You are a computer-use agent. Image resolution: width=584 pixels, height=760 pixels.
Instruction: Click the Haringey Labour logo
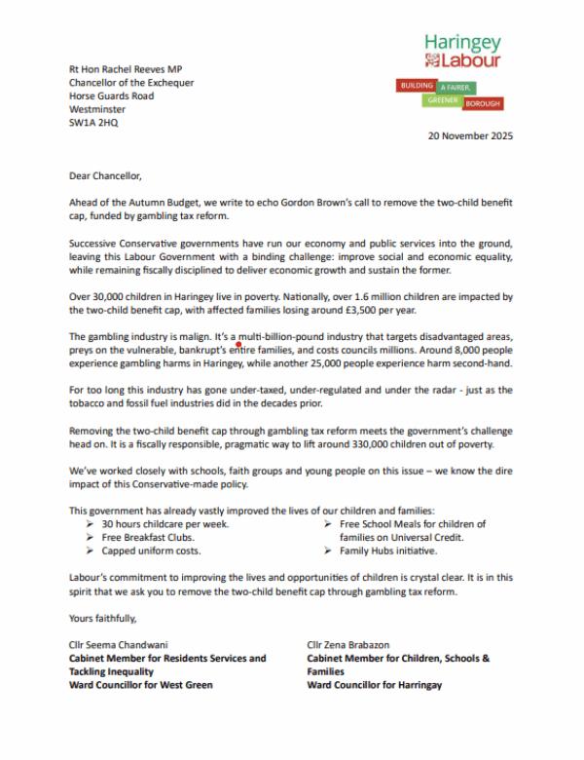pyautogui.click(x=462, y=52)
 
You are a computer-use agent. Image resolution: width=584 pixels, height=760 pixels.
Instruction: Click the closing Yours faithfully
pyautogui.click(x=103, y=618)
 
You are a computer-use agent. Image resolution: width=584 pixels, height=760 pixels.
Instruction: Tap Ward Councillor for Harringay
pyautogui.click(x=375, y=685)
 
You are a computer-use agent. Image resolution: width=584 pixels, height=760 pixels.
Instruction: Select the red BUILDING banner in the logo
pyautogui.click(x=418, y=86)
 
